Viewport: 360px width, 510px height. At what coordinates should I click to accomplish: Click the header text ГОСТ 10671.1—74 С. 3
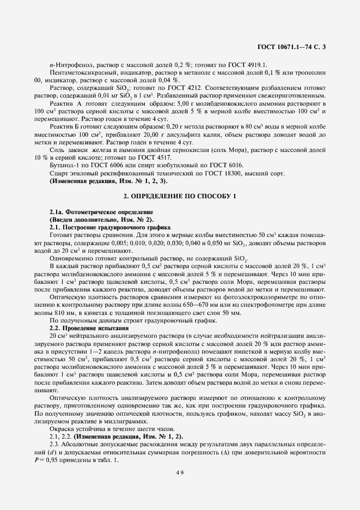click(x=294, y=47)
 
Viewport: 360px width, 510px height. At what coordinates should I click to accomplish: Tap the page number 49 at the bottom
click(x=179, y=472)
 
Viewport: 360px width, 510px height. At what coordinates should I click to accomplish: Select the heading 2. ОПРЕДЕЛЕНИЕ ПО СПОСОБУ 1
click(x=179, y=196)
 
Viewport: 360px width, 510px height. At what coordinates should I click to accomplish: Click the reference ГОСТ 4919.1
click(x=249, y=65)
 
